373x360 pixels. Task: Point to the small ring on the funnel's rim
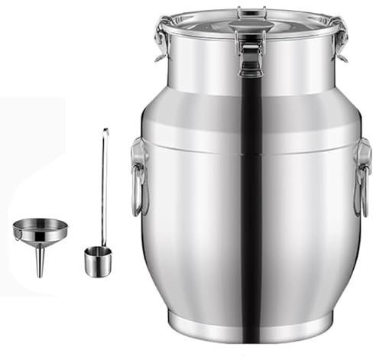point(16,235)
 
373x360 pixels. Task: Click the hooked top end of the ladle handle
point(106,133)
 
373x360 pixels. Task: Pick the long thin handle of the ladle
point(103,191)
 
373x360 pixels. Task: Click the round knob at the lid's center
point(250,25)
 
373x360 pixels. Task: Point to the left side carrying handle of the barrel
point(138,176)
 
